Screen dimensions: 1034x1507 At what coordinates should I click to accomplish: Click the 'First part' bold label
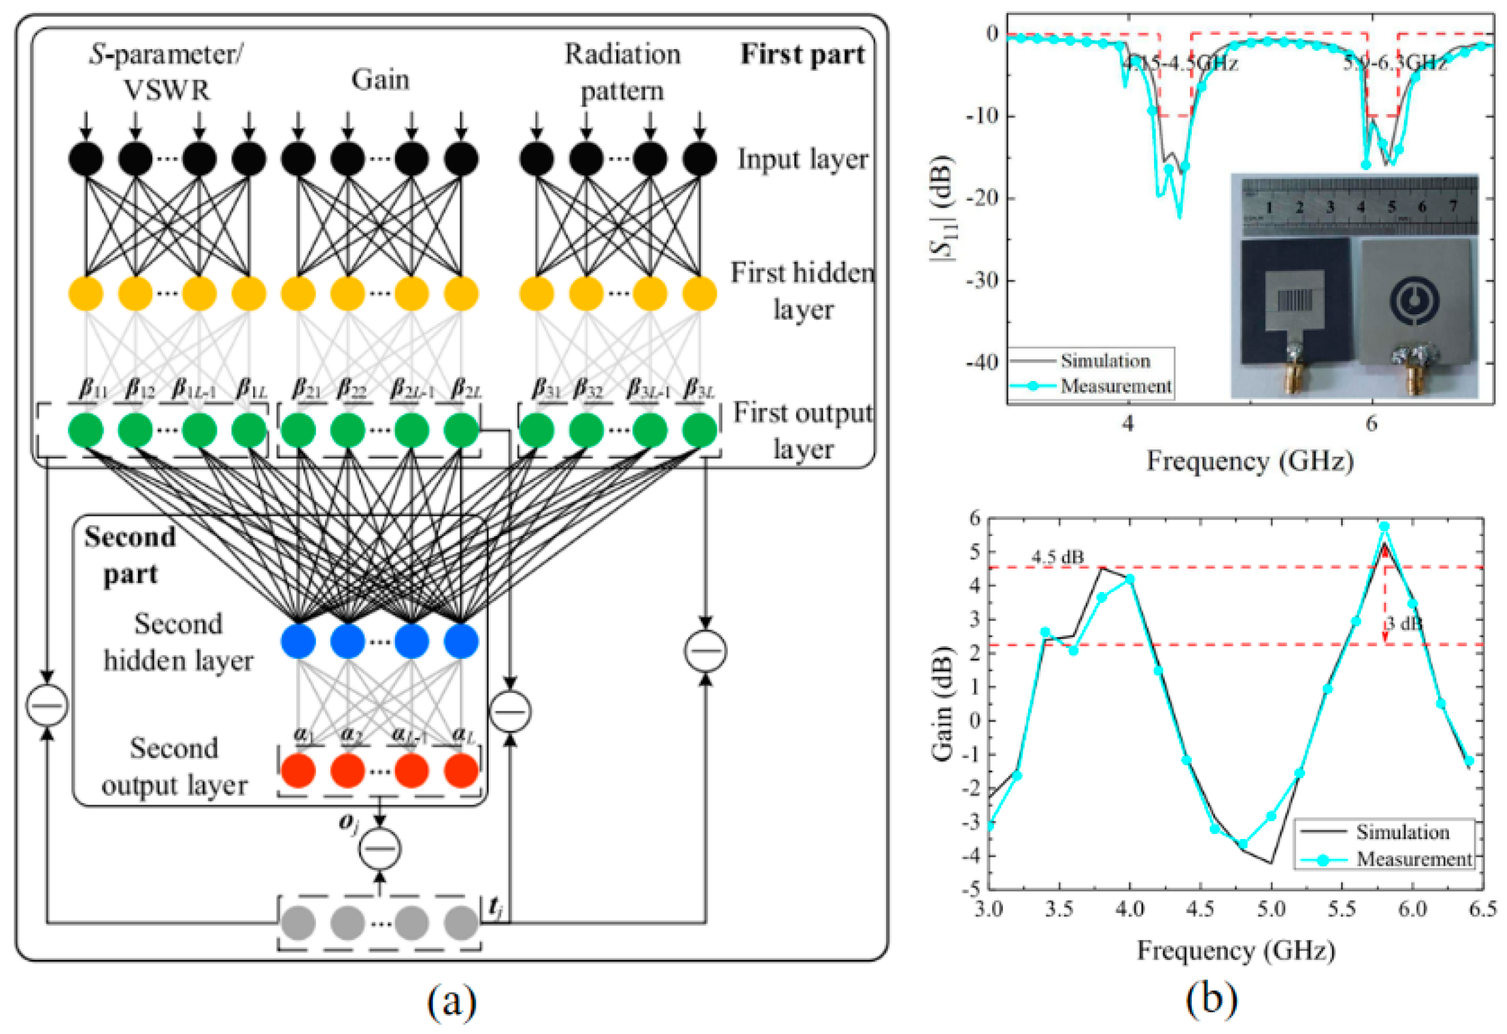tap(802, 55)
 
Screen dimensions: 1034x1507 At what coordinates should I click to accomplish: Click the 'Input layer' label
tap(802, 159)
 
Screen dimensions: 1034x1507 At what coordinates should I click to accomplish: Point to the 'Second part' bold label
tap(129, 555)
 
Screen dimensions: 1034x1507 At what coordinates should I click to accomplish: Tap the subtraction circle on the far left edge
tap(47, 704)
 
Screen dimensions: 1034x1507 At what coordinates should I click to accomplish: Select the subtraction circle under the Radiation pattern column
tap(705, 650)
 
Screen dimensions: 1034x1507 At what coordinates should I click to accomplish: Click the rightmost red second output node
tap(461, 770)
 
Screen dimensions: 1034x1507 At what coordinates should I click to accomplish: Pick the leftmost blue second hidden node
tap(298, 641)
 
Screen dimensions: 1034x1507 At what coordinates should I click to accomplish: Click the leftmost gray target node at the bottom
tap(298, 922)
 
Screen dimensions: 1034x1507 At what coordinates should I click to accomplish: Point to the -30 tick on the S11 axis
tap(982, 281)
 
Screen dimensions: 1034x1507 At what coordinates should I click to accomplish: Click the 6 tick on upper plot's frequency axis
tap(1371, 424)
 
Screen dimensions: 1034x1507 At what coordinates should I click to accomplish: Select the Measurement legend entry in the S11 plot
tap(1115, 387)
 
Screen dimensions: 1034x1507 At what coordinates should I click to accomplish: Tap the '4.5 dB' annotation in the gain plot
tap(1058, 557)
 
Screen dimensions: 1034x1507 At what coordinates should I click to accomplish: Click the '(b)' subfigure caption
tap(1211, 1000)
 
